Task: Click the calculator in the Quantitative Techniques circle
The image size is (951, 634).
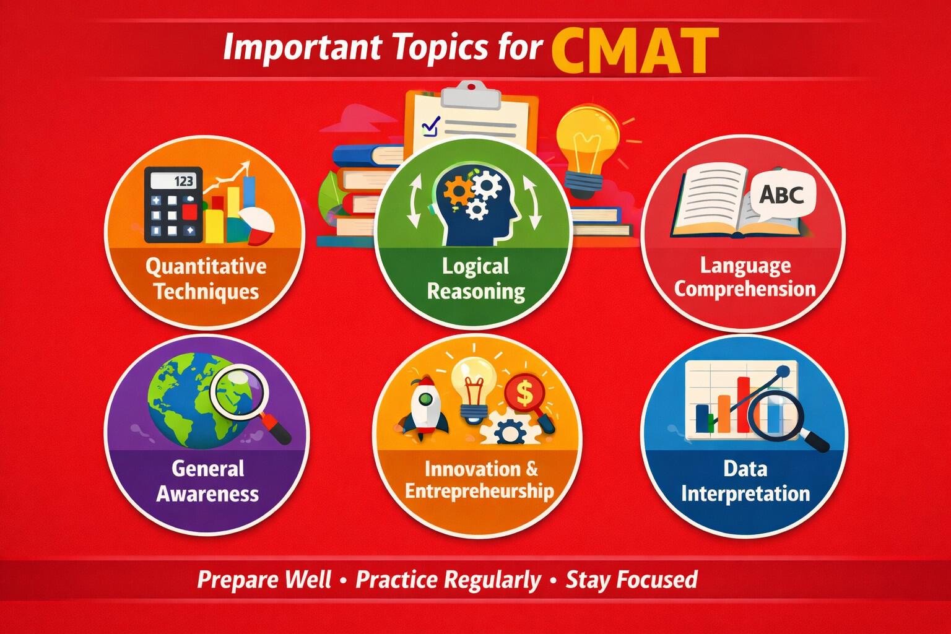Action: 173,204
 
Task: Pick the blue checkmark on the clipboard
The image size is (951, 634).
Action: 430,126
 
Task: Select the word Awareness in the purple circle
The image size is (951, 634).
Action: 207,493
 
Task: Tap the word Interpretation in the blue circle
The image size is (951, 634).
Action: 745,493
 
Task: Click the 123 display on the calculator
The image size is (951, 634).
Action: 183,181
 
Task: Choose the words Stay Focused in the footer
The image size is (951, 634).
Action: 632,580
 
